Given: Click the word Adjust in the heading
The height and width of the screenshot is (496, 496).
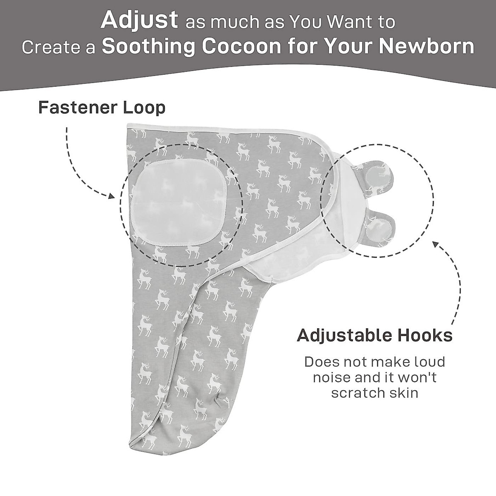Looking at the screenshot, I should [x=139, y=21].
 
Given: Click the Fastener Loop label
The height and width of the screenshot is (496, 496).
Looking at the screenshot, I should [x=102, y=108].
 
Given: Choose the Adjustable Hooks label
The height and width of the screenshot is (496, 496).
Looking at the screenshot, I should [x=374, y=335].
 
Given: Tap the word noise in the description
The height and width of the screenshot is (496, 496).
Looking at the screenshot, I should [x=332, y=377].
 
